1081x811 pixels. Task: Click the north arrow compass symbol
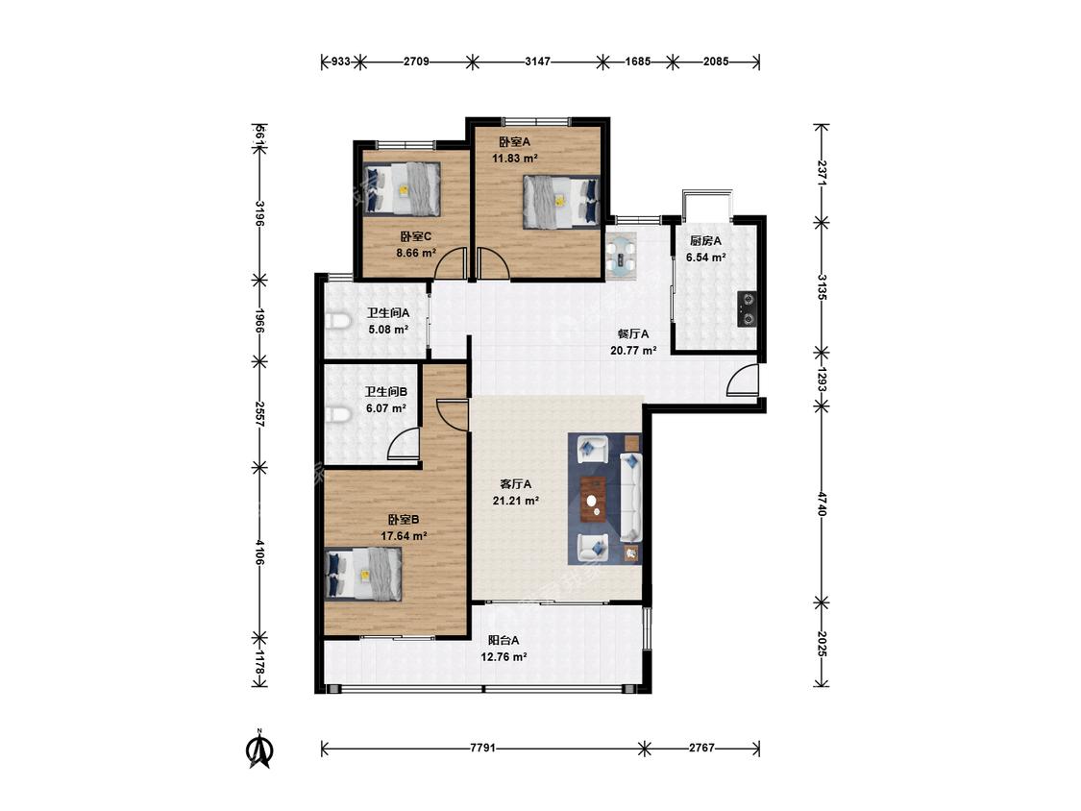click(259, 750)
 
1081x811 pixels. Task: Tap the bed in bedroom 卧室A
click(561, 201)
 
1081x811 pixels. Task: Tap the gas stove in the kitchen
click(747, 309)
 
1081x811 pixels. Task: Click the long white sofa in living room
click(630, 497)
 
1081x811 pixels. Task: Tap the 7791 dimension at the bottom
click(482, 748)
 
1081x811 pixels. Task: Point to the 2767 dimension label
click(701, 748)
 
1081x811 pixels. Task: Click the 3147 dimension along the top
click(538, 61)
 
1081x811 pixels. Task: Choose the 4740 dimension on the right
click(822, 504)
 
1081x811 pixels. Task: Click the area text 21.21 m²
click(516, 501)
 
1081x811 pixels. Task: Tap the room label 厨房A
click(706, 241)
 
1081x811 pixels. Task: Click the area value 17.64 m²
click(404, 535)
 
